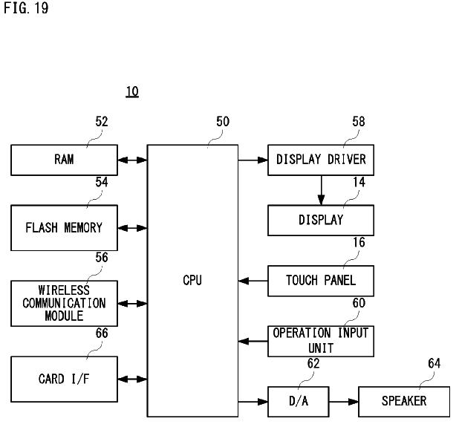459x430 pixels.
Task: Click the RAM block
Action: point(64,160)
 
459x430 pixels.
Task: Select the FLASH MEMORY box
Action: point(64,227)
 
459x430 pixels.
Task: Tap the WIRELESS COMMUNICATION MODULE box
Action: point(64,303)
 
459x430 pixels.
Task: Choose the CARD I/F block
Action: point(64,379)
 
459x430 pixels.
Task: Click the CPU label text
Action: point(192,280)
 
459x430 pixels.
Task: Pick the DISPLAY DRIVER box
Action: point(321,160)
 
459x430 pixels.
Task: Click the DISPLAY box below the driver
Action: point(321,220)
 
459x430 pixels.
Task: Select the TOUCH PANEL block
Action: point(321,280)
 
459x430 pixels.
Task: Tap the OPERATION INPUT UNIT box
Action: point(321,341)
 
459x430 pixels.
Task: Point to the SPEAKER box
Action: point(404,401)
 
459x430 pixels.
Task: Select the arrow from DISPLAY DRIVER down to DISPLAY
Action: point(321,189)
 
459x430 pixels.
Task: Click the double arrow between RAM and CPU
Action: point(132,160)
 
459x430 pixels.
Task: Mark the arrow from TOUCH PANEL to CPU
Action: point(253,281)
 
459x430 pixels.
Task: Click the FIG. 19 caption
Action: point(22,13)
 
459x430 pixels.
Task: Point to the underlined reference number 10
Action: point(131,92)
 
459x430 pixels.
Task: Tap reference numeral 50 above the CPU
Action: point(223,122)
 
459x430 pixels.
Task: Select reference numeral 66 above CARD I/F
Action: point(102,333)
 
